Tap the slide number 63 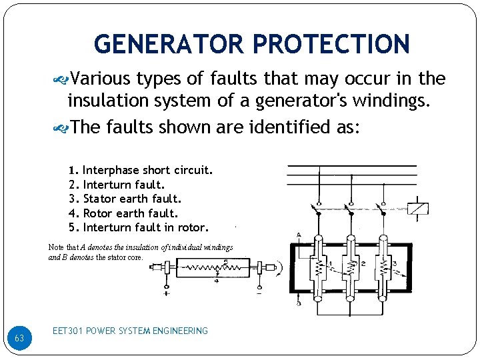click(19, 339)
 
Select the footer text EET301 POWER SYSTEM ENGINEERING click(130, 331)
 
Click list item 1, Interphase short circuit click(147, 170)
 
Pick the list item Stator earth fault click(131, 199)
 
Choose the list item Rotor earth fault click(130, 213)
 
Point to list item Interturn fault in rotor click(145, 227)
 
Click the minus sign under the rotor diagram click(259, 293)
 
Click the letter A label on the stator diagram click(298, 234)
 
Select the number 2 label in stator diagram click(363, 264)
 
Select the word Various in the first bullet click(100, 79)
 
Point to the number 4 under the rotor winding click(217, 281)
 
